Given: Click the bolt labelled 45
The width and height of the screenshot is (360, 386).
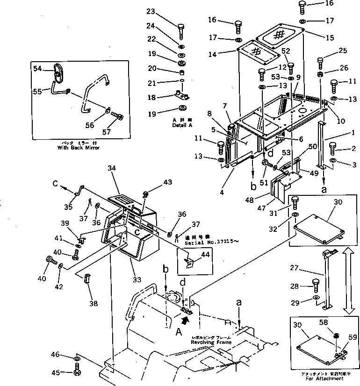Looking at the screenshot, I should click(x=78, y=372).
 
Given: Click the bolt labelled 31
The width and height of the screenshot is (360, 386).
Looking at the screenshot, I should click(x=296, y=204).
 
